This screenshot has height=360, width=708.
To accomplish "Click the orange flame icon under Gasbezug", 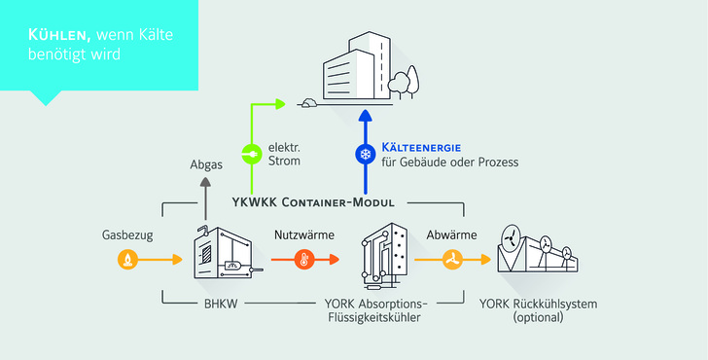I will (x=125, y=260).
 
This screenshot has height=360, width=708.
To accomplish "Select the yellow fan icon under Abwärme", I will (x=451, y=260).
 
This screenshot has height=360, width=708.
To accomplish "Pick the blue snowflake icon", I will (x=366, y=154).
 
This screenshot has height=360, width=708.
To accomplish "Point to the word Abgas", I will (x=205, y=165).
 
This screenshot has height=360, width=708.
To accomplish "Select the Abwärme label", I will (x=450, y=234).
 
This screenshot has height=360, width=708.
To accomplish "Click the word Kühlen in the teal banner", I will (x=57, y=35).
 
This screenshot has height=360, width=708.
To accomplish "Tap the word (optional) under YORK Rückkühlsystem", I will (x=539, y=318).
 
